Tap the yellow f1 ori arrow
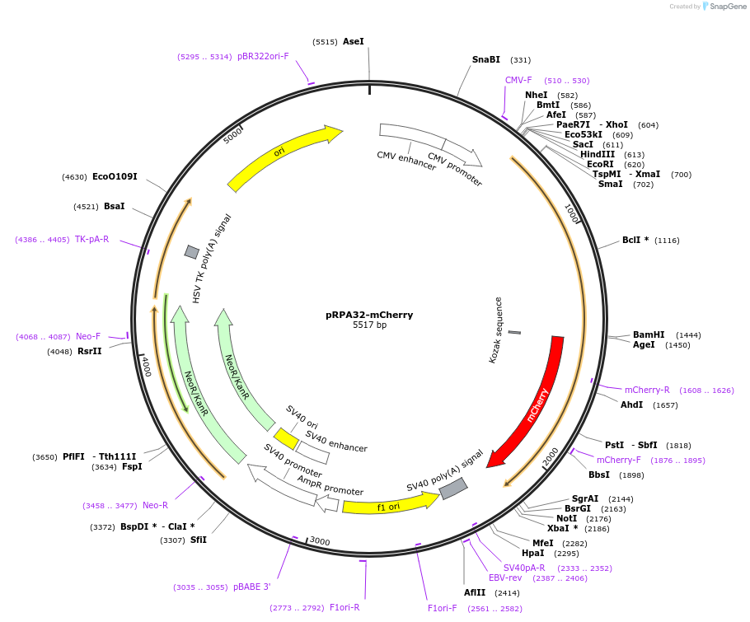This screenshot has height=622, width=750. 387,504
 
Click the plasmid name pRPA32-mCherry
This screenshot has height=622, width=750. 369,315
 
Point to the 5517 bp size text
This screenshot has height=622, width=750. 369,325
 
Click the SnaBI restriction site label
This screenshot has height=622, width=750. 485,59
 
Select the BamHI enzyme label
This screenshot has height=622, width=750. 649,334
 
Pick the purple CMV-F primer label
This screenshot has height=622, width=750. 518,80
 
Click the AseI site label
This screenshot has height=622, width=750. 353,41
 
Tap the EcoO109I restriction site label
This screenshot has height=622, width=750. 115,176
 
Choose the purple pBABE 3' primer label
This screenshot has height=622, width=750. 251,587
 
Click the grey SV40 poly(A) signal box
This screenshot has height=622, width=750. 453,489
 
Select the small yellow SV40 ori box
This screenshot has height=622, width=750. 286,437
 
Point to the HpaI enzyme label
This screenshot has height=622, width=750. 532,553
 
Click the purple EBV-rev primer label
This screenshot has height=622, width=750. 505,578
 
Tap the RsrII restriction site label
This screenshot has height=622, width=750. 89,351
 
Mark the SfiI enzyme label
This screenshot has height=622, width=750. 198,540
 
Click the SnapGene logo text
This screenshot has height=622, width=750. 728,7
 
